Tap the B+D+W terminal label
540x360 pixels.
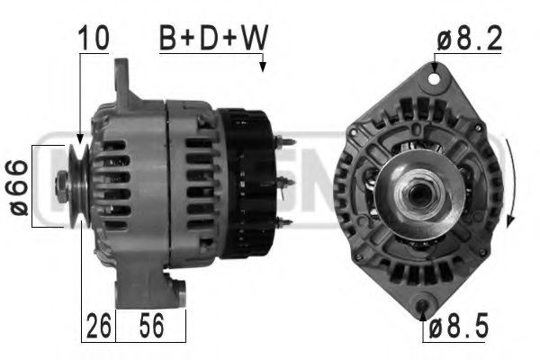[x=213, y=39]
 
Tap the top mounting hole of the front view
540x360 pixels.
[x=437, y=78]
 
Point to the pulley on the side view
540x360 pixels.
[x=76, y=184]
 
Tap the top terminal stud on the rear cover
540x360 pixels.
[x=286, y=142]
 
